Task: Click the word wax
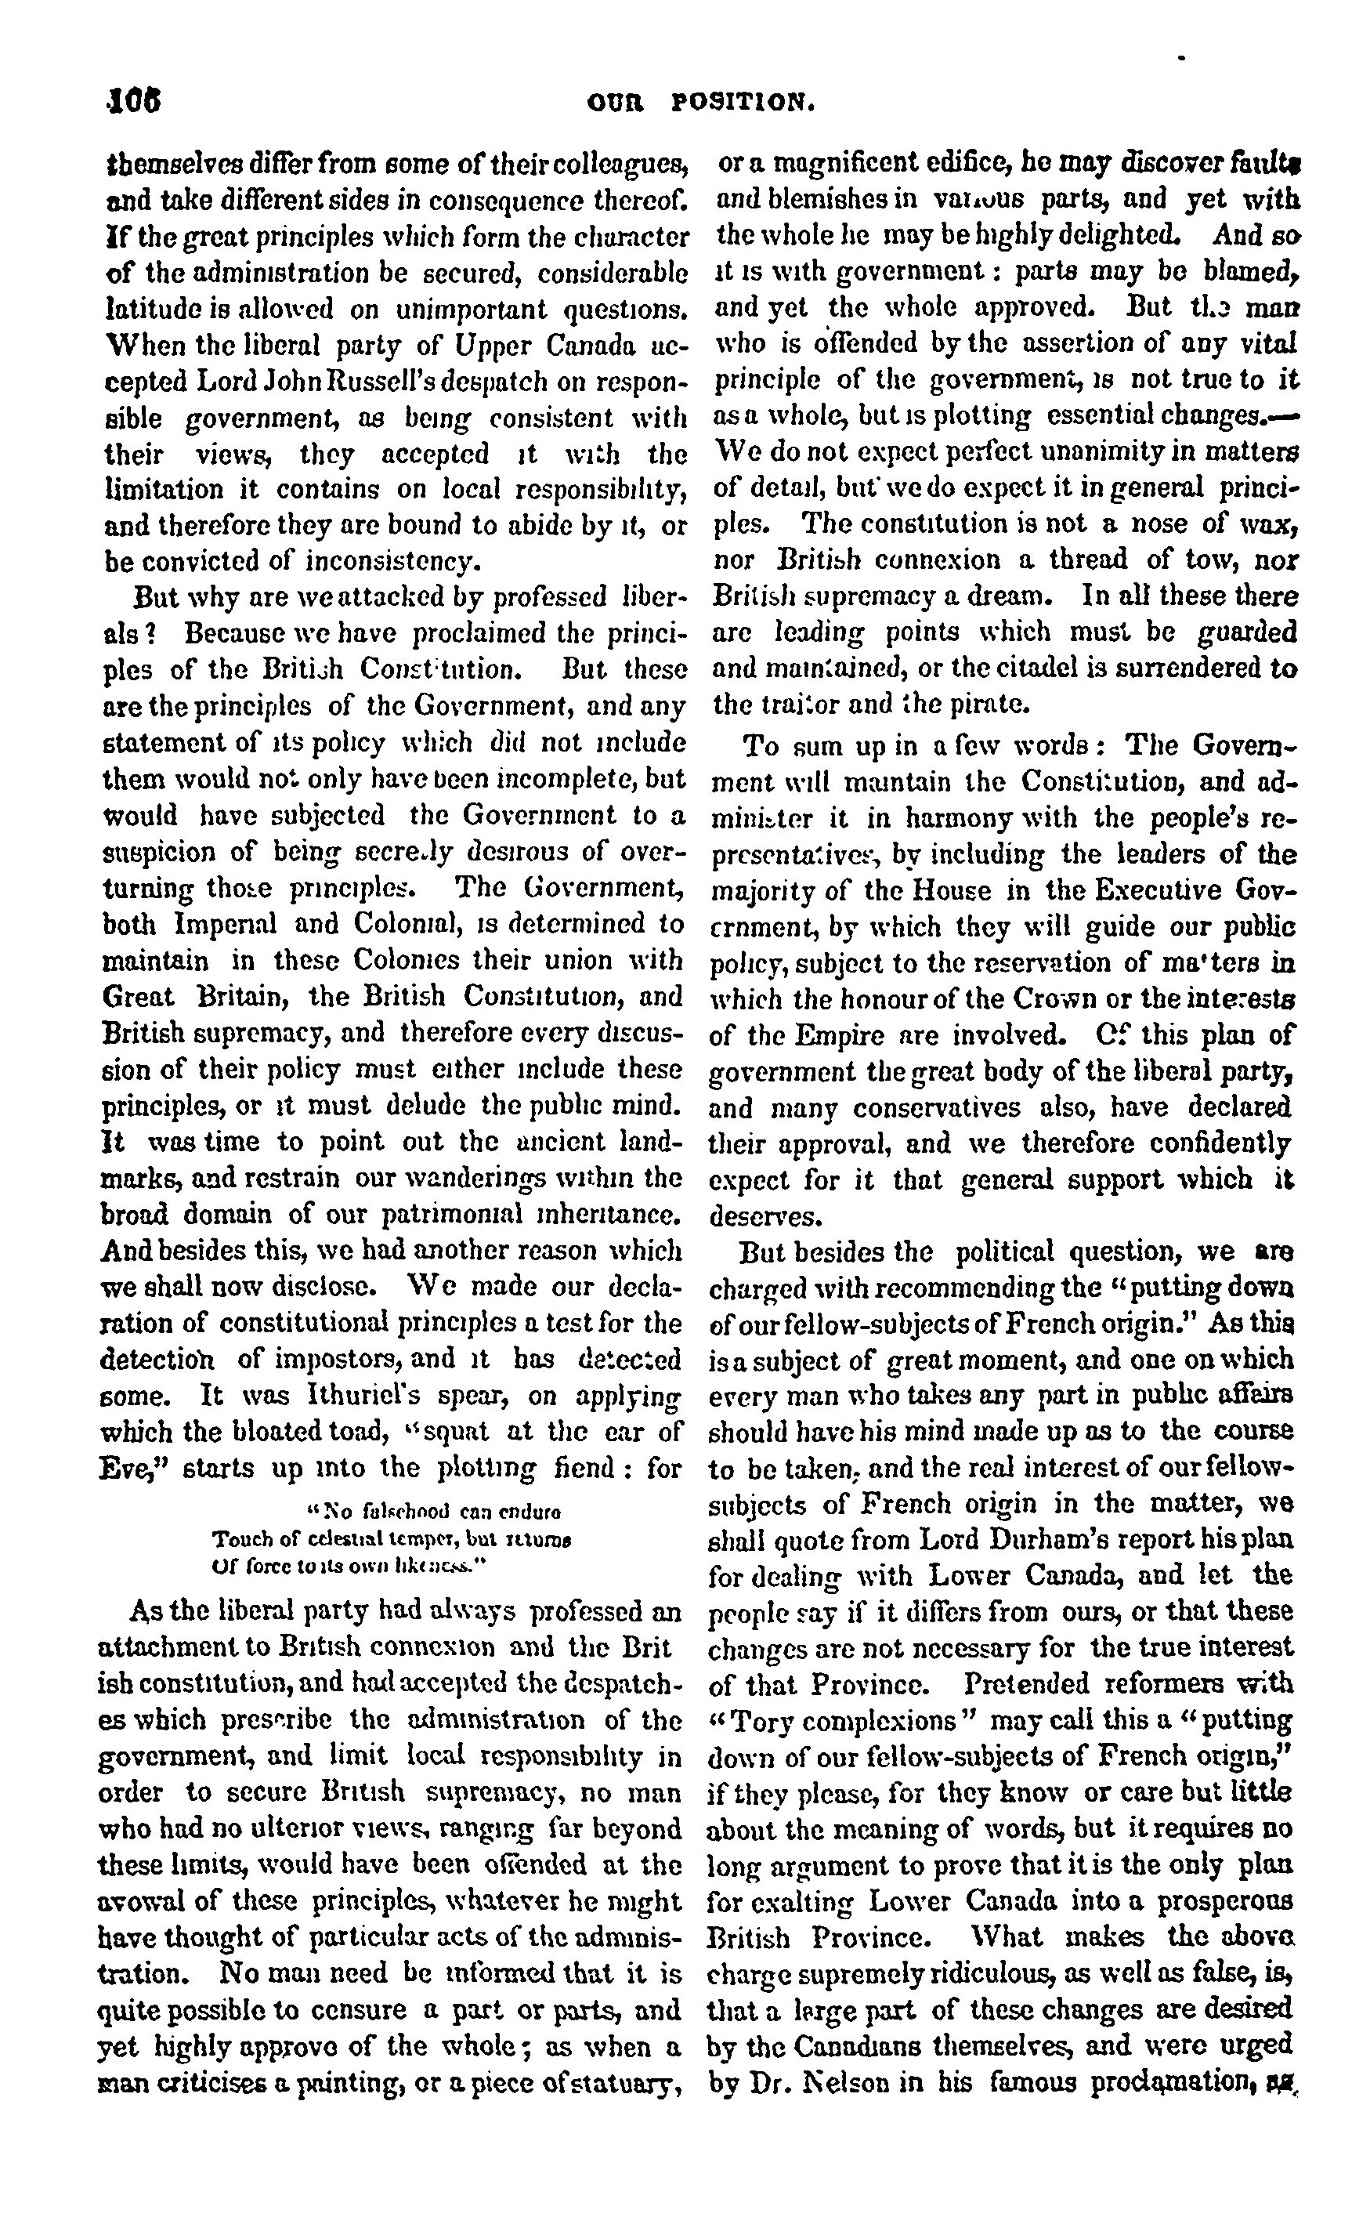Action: pos(1271,524)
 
